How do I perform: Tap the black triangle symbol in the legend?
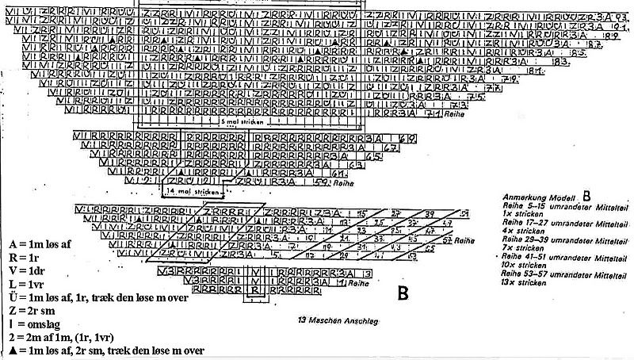(x=10, y=350)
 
